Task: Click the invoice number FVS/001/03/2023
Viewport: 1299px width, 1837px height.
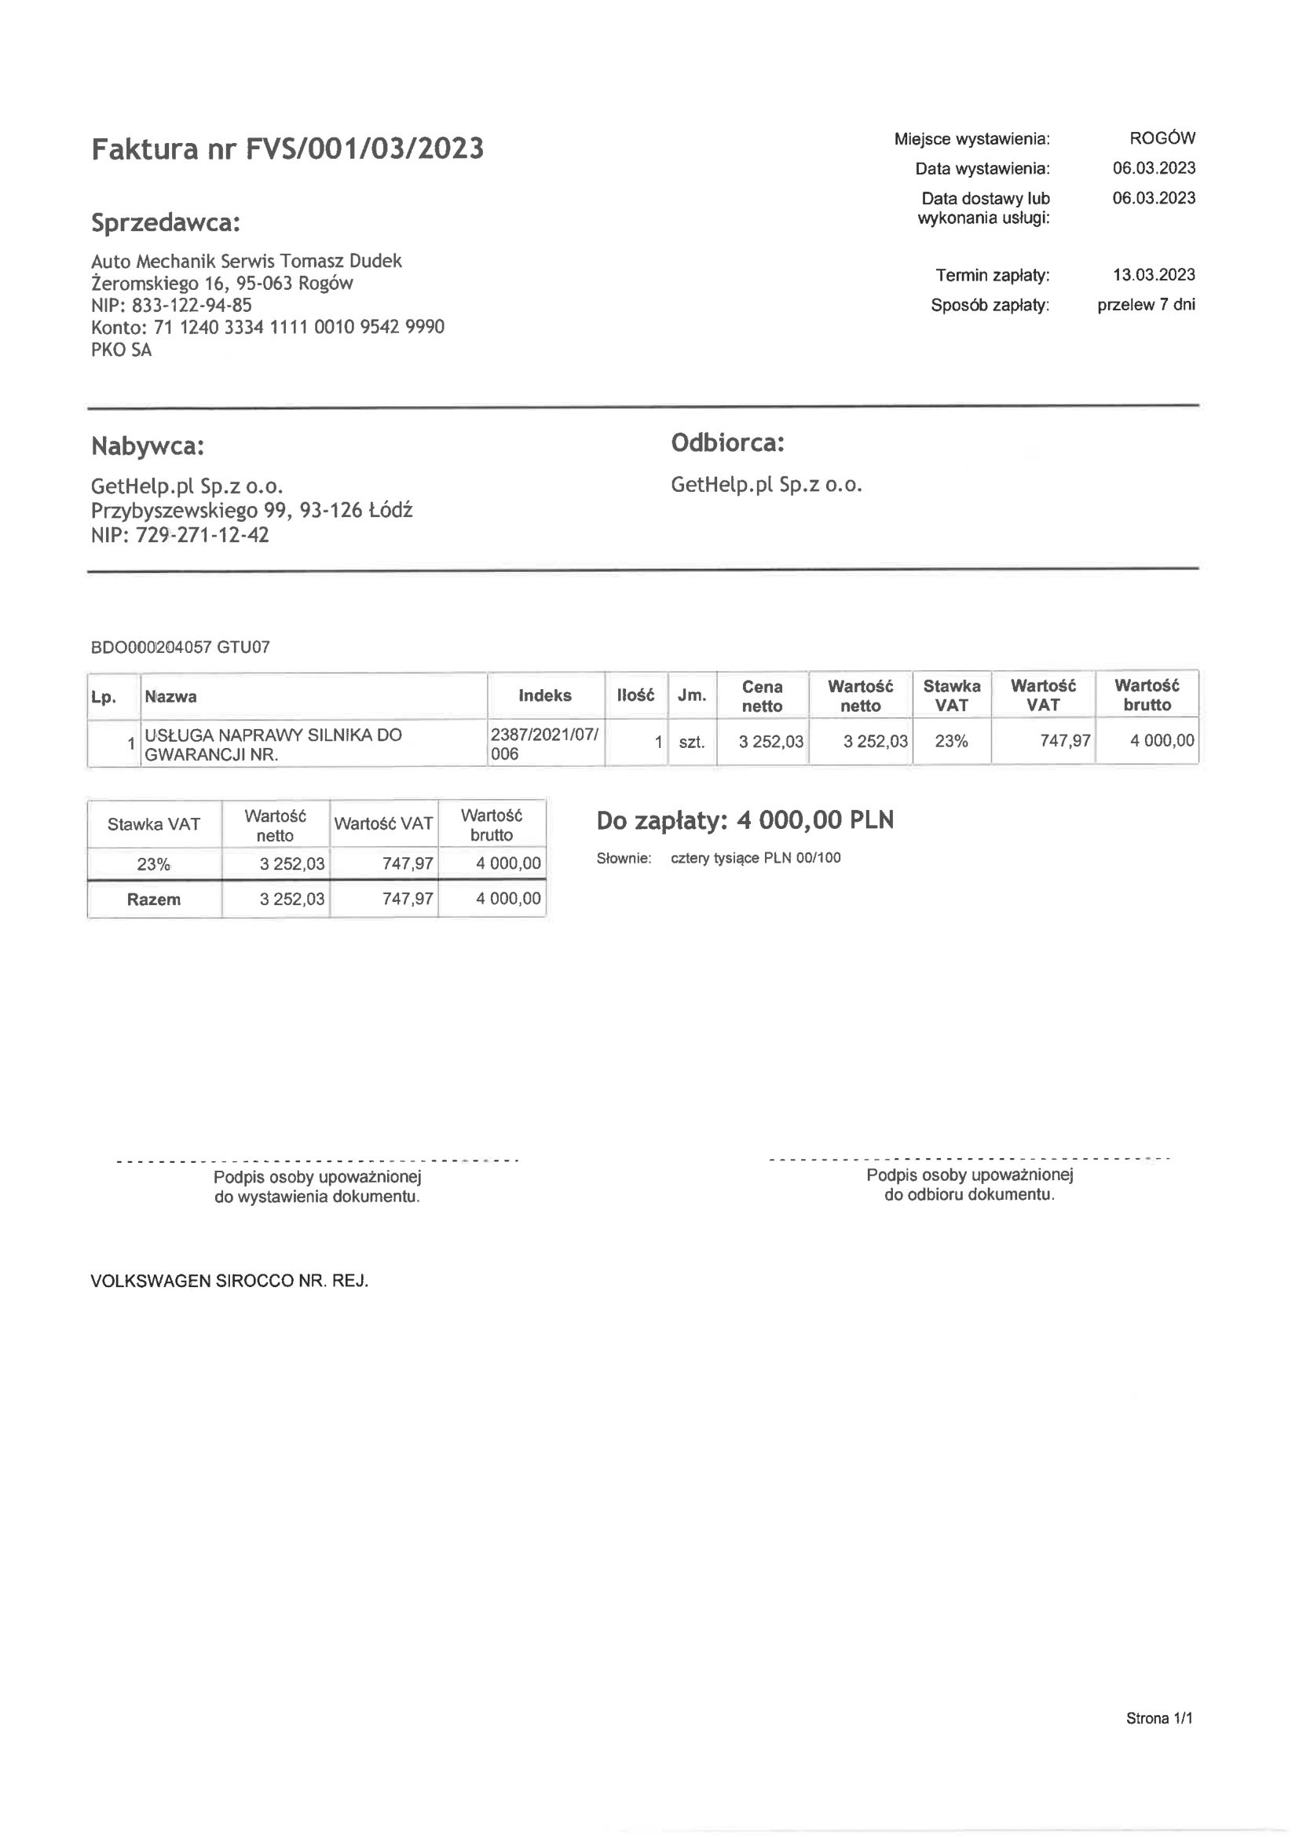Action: point(364,149)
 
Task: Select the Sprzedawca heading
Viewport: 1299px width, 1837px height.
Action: point(166,222)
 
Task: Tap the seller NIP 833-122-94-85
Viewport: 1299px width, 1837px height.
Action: point(191,305)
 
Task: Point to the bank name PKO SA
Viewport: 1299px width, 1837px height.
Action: point(121,350)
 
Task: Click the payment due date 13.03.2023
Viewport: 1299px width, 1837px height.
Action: point(1154,275)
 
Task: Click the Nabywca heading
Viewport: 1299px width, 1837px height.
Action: point(147,445)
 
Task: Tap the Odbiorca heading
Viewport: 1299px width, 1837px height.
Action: point(727,442)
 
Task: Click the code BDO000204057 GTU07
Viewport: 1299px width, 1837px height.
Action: point(180,647)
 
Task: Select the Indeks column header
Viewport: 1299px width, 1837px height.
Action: point(545,695)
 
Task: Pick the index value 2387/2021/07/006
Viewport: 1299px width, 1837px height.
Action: point(544,744)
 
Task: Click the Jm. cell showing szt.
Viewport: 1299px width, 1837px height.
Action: point(691,742)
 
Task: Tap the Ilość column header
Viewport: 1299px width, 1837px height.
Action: point(635,695)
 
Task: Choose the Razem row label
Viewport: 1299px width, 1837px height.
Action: point(154,900)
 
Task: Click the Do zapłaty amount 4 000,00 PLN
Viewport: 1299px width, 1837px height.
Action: point(814,820)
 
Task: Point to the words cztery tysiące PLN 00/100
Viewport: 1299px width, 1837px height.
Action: point(755,859)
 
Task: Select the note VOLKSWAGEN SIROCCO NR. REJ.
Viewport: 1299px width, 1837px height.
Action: point(229,1281)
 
